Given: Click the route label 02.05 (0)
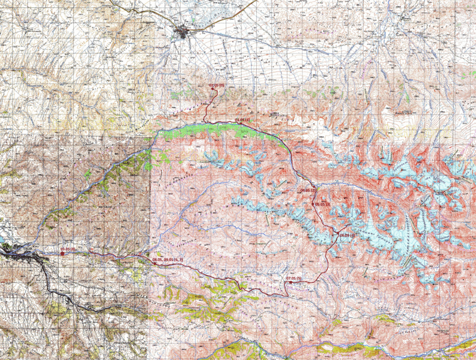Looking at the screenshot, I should (217, 86).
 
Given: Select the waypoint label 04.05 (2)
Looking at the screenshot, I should (308, 190).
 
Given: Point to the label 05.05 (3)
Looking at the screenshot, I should (322, 205).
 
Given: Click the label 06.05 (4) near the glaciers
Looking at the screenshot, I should (348, 235).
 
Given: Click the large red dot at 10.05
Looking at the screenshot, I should (62, 254).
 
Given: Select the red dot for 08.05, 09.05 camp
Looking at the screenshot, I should (154, 263).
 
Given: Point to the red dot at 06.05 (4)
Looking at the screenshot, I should (338, 234).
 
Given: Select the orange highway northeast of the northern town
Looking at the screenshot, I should (228, 18).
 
